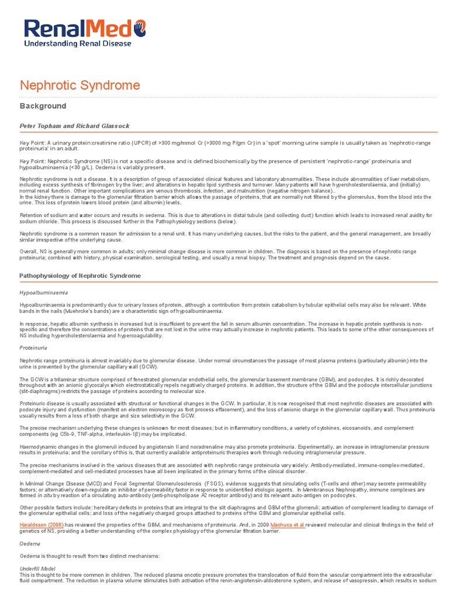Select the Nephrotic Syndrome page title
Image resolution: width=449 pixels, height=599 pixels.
pos(80,85)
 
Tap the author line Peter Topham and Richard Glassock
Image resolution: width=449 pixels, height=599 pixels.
pos(74,126)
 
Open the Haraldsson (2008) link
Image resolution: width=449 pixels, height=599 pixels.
pos(42,525)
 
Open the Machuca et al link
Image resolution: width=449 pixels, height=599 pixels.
pos(287,525)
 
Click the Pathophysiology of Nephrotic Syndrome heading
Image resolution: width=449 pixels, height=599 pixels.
pos(80,275)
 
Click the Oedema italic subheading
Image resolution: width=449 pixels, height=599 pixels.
pos(30,543)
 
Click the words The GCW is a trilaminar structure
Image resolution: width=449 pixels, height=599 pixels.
pos(64,379)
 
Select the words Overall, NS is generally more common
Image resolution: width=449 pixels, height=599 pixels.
pos(70,251)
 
